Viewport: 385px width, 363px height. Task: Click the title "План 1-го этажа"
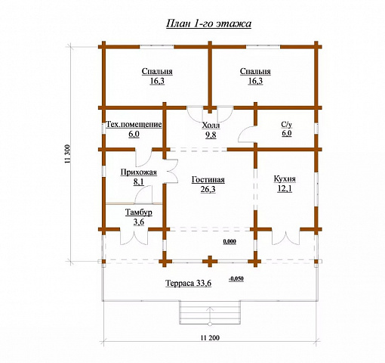click(208, 23)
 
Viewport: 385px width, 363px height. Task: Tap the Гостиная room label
click(208, 180)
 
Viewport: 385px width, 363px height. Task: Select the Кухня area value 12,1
click(285, 188)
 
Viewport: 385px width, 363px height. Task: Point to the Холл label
click(211, 126)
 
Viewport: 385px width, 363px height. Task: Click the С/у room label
click(287, 124)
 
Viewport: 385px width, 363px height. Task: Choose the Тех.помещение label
click(134, 125)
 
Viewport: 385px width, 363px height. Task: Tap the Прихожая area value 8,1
click(139, 181)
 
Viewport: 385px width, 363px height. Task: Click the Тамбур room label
click(139, 213)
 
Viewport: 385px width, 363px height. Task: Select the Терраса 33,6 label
click(189, 283)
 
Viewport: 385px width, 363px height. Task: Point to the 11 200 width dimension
click(210, 337)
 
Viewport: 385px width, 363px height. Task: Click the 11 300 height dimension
click(68, 154)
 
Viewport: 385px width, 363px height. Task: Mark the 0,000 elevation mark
click(229, 241)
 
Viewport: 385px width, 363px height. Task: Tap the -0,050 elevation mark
click(236, 279)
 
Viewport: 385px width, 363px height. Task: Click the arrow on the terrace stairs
click(210, 315)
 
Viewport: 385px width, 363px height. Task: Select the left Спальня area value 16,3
click(157, 81)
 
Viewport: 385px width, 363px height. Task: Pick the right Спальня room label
click(255, 71)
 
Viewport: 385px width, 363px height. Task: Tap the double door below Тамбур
click(134, 237)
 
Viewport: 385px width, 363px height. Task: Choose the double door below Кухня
click(286, 237)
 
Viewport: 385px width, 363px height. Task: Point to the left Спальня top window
click(157, 47)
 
